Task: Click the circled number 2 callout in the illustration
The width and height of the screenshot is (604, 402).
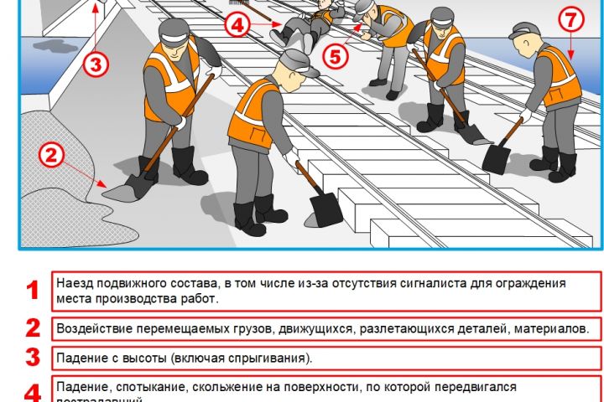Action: click(x=51, y=154)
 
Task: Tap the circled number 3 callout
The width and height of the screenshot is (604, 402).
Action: click(x=96, y=63)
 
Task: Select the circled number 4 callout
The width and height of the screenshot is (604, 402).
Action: click(x=238, y=25)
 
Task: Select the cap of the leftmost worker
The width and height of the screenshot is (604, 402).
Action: click(x=172, y=31)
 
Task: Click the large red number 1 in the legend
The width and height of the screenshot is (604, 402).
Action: click(x=33, y=291)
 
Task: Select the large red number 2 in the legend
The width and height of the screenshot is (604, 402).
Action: click(x=33, y=327)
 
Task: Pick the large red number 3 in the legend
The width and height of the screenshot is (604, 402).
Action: click(x=33, y=358)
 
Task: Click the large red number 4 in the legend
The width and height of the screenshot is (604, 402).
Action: click(x=33, y=392)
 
